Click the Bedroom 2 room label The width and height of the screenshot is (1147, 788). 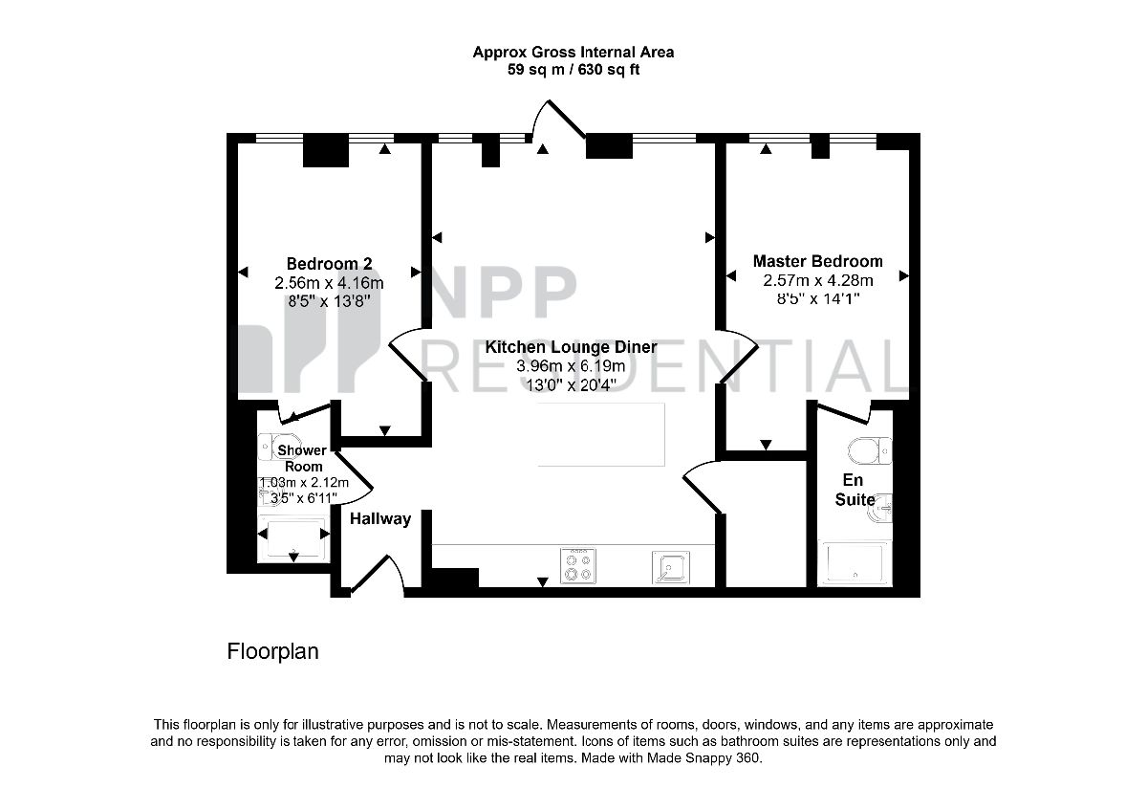click(x=329, y=264)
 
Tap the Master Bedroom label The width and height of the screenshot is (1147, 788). click(x=817, y=261)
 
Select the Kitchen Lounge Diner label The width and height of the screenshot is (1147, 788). click(x=571, y=347)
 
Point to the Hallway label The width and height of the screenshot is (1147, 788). click(x=380, y=519)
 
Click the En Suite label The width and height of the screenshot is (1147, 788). click(x=855, y=490)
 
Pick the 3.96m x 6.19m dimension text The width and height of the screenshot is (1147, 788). click(x=571, y=366)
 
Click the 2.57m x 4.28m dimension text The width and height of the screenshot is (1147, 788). click(x=817, y=280)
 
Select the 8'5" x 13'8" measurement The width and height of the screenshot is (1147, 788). click(x=329, y=300)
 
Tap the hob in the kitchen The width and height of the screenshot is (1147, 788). click(x=577, y=565)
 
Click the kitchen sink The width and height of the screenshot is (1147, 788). click(x=670, y=567)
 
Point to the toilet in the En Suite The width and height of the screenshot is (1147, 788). click(x=870, y=450)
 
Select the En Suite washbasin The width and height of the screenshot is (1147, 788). click(x=879, y=508)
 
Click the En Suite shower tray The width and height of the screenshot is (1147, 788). click(x=855, y=563)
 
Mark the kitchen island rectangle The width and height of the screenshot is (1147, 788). click(x=601, y=434)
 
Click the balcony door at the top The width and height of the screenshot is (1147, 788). click(x=558, y=120)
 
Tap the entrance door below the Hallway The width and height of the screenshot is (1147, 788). click(x=378, y=574)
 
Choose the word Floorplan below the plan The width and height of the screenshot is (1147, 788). click(x=273, y=651)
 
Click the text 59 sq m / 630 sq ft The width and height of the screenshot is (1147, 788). click(x=573, y=69)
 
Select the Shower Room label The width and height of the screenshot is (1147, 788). click(x=303, y=458)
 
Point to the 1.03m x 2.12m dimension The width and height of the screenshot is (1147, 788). click(x=304, y=482)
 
